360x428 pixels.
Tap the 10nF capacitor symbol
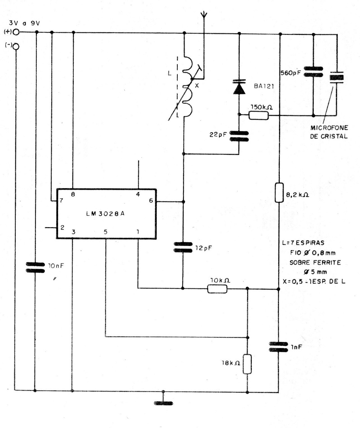[x=35, y=267]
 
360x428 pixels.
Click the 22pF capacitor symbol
[x=239, y=136]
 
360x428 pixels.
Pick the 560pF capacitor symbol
[x=313, y=73]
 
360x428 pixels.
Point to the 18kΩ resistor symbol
[x=248, y=363]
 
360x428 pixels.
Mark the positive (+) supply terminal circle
[x=16, y=32]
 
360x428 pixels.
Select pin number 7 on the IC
[x=61, y=200]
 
